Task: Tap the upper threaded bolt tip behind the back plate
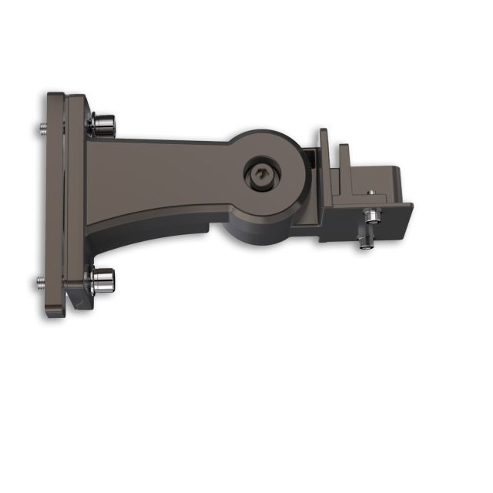pos(39,128)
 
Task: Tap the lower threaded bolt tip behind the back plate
pos(39,283)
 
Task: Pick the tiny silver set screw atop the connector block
pos(370,190)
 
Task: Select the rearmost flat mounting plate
pos(55,204)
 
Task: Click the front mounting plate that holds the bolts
pos(75,204)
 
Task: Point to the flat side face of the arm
pos(162,173)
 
